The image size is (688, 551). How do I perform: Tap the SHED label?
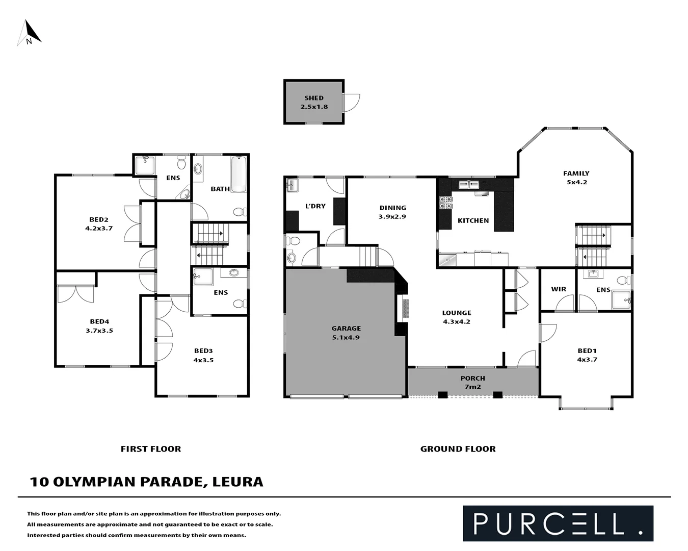314,98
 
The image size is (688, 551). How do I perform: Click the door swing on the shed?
351,103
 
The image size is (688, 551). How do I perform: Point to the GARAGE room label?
346,329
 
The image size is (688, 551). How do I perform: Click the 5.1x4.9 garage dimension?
346,337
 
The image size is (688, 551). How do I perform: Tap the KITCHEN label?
473,220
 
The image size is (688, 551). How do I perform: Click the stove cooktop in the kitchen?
446,203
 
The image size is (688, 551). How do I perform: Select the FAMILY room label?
576,173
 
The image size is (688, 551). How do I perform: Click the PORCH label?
472,378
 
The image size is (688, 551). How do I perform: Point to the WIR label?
559,289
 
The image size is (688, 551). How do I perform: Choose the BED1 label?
587,350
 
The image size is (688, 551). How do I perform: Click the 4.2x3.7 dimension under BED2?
99,229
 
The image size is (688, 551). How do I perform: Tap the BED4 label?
99,321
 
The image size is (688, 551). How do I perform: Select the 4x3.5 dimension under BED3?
203,360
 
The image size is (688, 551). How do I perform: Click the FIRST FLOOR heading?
151,449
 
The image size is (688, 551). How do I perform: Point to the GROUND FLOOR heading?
458,449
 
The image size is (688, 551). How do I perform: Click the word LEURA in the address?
237,482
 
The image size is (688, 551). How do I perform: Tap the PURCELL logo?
558,523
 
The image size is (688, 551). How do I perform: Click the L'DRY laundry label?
315,206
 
